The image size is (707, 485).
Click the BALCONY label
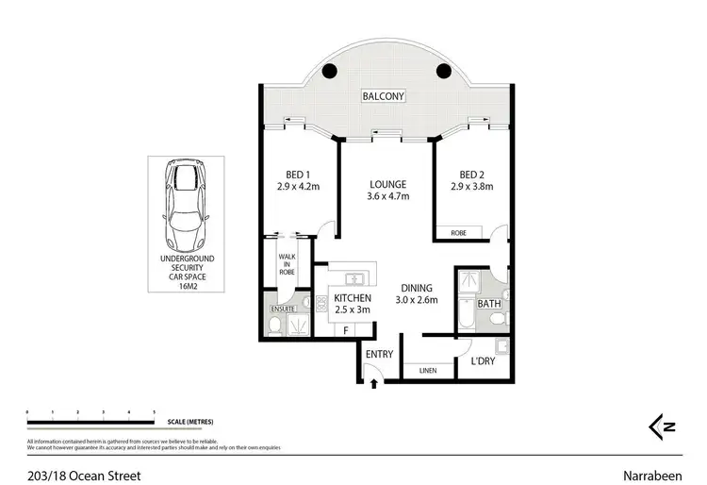click(385, 96)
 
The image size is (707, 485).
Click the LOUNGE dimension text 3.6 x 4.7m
click(387, 196)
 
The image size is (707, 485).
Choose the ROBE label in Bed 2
click(458, 231)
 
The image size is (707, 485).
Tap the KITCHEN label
click(351, 299)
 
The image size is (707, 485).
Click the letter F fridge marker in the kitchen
click(347, 330)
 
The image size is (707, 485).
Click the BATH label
click(487, 304)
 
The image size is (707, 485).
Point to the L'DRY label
click(483, 361)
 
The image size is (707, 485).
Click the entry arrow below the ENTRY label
click(375, 383)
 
